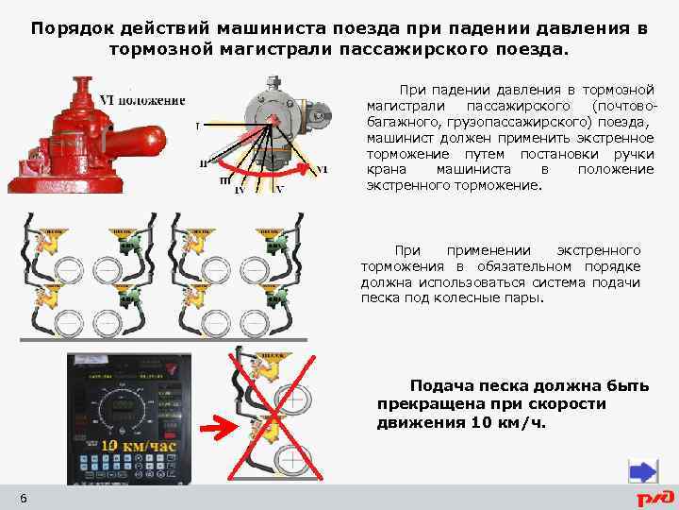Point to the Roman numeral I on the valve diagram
point(197,126)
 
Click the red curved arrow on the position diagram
point(283,174)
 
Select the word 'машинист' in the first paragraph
point(397,138)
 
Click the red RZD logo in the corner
point(654,497)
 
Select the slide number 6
point(23,498)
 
